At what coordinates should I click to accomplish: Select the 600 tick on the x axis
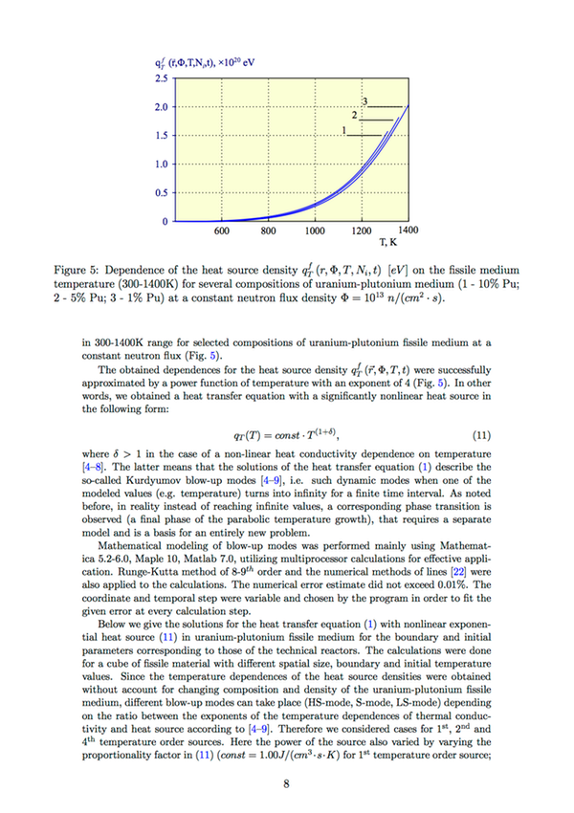[x=221, y=231]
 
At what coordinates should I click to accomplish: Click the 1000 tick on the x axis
[x=315, y=231]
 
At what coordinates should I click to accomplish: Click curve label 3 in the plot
[x=364, y=101]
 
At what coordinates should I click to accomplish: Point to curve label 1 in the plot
[x=342, y=130]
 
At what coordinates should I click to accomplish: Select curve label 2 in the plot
[x=355, y=115]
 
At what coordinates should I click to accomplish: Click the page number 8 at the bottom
[x=286, y=785]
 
